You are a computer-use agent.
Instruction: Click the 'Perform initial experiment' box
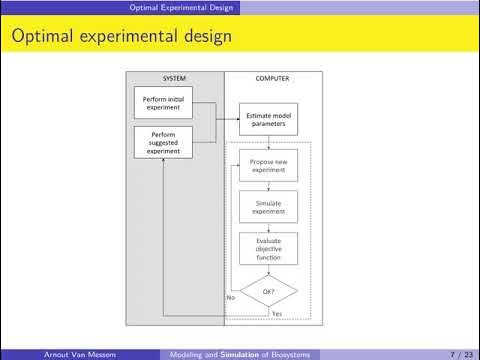click(x=161, y=102)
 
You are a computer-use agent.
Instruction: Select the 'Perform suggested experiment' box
click(x=161, y=139)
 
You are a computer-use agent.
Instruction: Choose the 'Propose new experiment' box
click(x=268, y=166)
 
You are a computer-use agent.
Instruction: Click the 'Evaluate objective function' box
click(x=268, y=248)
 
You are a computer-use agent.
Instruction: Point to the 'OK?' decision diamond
click(x=268, y=291)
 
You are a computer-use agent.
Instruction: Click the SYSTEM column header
click(x=174, y=79)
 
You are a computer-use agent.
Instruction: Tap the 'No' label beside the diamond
click(x=230, y=297)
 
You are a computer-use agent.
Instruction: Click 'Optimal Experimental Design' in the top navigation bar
click(x=185, y=7)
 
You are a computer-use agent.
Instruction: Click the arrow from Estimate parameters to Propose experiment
click(x=268, y=141)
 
